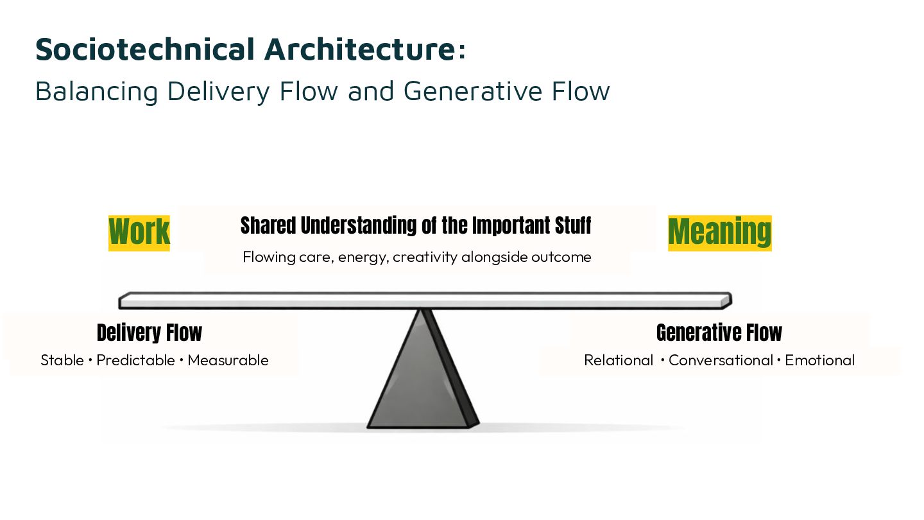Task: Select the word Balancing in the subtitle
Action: tap(96, 91)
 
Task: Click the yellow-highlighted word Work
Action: tap(139, 232)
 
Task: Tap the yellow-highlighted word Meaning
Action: tap(719, 232)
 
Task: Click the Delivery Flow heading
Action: tap(150, 333)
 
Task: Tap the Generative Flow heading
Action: tap(719, 333)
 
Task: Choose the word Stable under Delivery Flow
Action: tap(62, 360)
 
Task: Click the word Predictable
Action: tap(136, 360)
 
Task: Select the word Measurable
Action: tap(228, 360)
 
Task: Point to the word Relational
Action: tap(619, 360)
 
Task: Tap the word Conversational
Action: tap(721, 360)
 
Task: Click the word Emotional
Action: tap(820, 360)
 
